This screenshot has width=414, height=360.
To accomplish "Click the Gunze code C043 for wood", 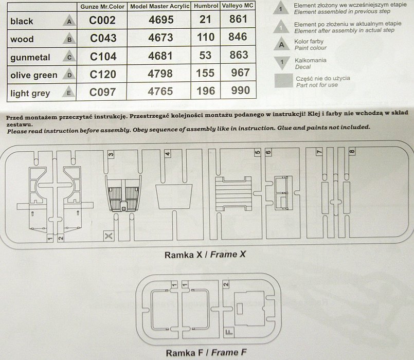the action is [x=103, y=38].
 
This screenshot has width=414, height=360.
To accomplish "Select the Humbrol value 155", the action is [x=206, y=73].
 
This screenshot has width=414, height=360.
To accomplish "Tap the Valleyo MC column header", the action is [x=238, y=6].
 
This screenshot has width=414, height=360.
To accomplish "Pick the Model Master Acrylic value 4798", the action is [x=160, y=74].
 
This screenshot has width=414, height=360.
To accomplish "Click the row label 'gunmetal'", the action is [x=30, y=57].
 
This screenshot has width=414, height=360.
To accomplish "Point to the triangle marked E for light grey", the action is [x=68, y=92].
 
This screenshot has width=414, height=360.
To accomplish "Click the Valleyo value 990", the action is [x=240, y=91].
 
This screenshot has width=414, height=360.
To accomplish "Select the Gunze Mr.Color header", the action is [x=102, y=7].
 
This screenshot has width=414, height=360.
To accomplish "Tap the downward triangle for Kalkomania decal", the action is [x=282, y=62].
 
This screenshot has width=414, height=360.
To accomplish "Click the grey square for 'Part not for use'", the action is [x=284, y=81].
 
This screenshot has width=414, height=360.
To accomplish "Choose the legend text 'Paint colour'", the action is [x=311, y=48].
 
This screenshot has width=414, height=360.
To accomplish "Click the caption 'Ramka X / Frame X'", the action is [x=205, y=255].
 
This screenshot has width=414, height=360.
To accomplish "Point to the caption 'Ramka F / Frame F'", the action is [x=206, y=353].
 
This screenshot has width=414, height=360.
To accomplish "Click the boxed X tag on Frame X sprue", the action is [x=109, y=236].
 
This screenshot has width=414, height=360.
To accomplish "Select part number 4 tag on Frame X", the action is [x=167, y=153].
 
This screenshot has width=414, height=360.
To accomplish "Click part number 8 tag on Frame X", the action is [x=352, y=152].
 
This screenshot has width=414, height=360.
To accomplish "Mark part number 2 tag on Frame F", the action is [x=226, y=284].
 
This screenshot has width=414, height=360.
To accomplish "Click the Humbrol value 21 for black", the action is [x=205, y=19].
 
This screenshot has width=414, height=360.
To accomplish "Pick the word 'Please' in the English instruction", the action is [x=17, y=131].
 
